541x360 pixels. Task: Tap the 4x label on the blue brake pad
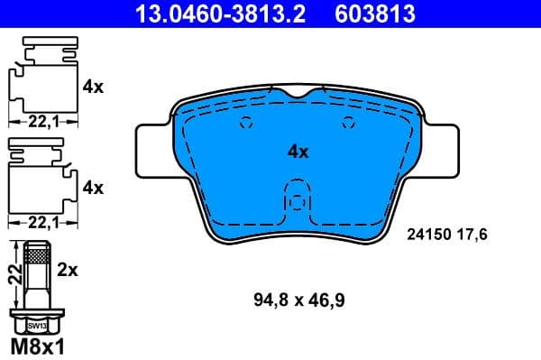coord(298,152)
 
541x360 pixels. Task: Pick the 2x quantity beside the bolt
coord(68,268)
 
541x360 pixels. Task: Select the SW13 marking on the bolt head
coord(37,324)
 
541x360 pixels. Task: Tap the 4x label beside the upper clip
coord(93,88)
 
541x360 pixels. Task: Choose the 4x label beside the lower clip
coord(93,188)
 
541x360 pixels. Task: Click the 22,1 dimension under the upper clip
coord(36,119)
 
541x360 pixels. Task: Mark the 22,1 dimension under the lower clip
coord(36,219)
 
